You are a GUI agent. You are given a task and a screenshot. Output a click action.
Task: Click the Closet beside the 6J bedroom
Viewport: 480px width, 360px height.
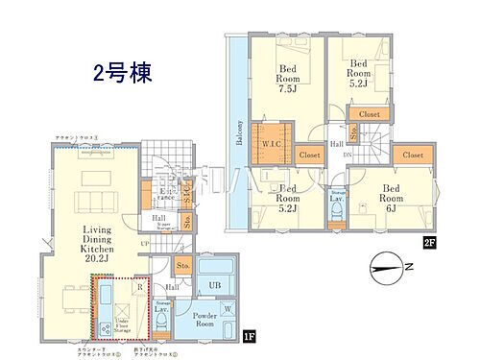coord(412,155)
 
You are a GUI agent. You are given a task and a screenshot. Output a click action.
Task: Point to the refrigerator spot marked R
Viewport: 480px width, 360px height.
coord(139,286)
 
